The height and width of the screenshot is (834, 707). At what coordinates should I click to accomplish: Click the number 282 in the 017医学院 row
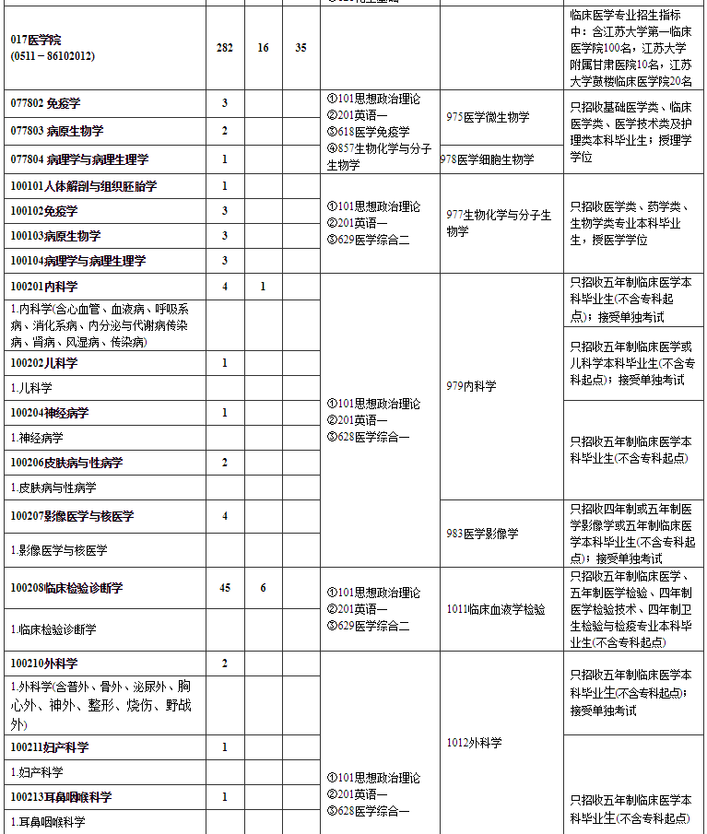(225, 48)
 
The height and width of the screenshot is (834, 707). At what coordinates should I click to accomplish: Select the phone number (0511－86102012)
(53, 56)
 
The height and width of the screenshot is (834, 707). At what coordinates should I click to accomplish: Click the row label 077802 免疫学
(46, 102)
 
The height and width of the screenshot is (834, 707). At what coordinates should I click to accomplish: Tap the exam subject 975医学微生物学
(488, 117)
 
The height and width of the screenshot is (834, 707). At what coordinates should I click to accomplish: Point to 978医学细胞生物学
(488, 159)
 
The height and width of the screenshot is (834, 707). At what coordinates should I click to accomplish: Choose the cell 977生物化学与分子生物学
(499, 223)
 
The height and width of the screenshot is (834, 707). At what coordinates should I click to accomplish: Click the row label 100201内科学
(44, 287)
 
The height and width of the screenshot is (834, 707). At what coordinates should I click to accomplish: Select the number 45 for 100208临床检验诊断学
(225, 588)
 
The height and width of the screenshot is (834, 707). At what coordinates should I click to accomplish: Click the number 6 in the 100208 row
(263, 588)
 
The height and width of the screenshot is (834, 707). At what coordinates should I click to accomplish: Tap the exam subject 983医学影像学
(482, 533)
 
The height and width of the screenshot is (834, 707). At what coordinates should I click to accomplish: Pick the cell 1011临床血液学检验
(496, 609)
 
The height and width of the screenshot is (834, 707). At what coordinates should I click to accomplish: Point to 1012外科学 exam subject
(474, 743)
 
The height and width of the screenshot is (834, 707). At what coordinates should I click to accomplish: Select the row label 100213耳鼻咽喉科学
(61, 796)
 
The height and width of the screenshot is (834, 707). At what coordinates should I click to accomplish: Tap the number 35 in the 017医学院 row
(300, 48)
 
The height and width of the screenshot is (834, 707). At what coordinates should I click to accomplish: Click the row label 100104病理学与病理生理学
(78, 262)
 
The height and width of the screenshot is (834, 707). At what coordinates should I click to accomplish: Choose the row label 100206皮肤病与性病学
(66, 462)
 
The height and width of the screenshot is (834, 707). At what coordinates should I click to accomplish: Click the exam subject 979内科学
(471, 386)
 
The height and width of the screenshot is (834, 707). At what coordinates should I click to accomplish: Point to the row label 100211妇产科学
(50, 747)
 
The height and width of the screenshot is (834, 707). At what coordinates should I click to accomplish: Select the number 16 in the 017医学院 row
(263, 48)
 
